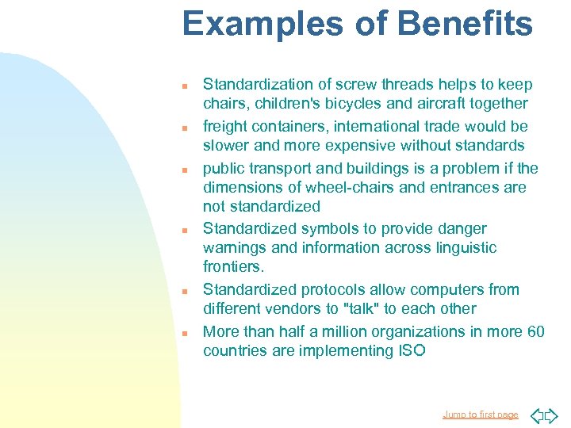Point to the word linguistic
(459, 247)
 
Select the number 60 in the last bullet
(535, 331)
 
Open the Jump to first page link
(480, 415)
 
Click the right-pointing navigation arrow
(552, 415)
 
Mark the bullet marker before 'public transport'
(183, 170)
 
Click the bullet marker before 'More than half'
(183, 333)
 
